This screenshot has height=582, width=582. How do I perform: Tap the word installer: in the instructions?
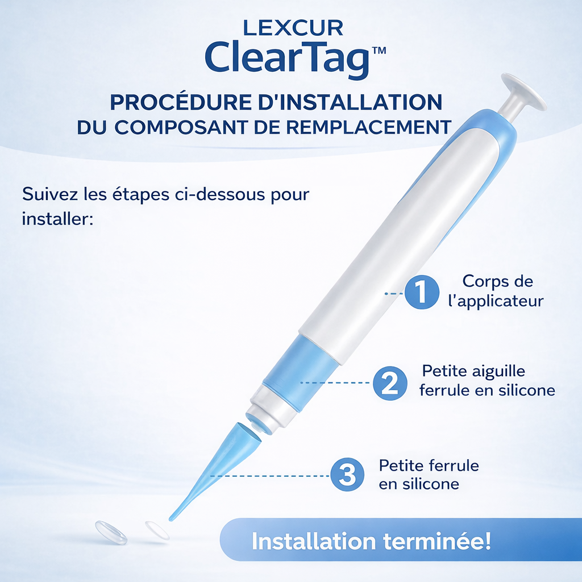(x=57, y=218)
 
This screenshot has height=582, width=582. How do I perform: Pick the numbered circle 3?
(x=347, y=474)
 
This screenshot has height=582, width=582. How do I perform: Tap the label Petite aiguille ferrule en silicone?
(x=487, y=381)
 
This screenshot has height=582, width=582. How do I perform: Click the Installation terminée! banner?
(x=371, y=541)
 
